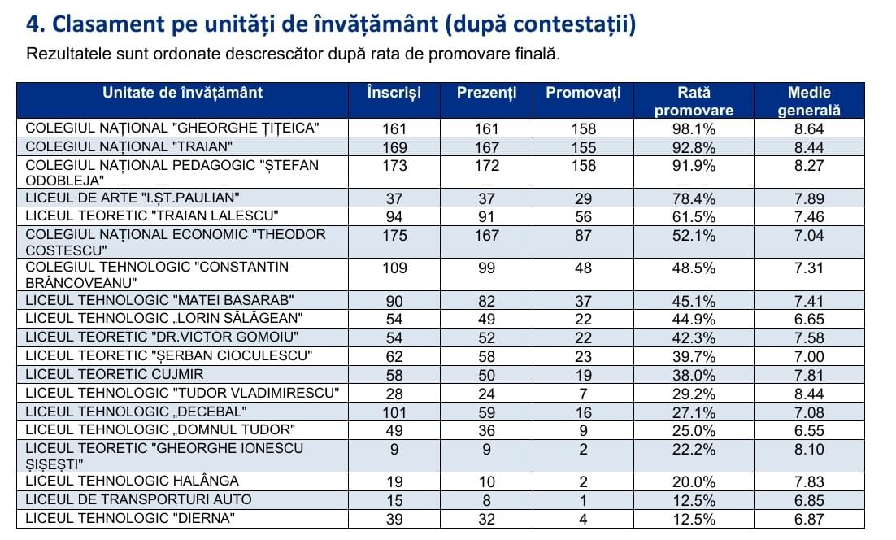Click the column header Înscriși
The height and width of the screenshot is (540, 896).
(x=394, y=94)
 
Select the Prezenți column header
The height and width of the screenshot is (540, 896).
(x=486, y=94)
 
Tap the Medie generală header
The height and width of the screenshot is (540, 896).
(x=808, y=101)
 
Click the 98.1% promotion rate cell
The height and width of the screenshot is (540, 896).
(x=694, y=129)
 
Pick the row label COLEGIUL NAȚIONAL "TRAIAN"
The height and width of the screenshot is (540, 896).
(x=129, y=147)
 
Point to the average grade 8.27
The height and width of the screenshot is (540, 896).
(x=809, y=166)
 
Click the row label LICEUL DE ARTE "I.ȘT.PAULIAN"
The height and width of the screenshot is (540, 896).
(x=132, y=198)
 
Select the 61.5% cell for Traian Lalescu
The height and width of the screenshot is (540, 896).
(x=694, y=217)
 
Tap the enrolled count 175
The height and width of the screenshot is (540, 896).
(x=394, y=235)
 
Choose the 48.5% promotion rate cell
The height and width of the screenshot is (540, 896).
(x=694, y=268)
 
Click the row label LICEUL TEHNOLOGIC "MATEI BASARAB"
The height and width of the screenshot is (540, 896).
(x=159, y=301)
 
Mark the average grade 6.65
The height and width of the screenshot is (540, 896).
(x=809, y=320)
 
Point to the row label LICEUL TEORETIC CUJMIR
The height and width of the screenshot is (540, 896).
(x=115, y=374)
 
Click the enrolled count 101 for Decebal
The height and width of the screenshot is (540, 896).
(x=394, y=412)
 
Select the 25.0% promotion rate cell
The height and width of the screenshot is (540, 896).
(x=694, y=431)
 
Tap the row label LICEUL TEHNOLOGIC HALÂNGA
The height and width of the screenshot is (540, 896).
(x=132, y=481)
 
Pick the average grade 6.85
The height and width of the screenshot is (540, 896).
(x=809, y=501)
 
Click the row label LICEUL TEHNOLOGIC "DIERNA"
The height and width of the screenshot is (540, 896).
(x=130, y=519)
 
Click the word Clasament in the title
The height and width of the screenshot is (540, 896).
(x=109, y=24)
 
